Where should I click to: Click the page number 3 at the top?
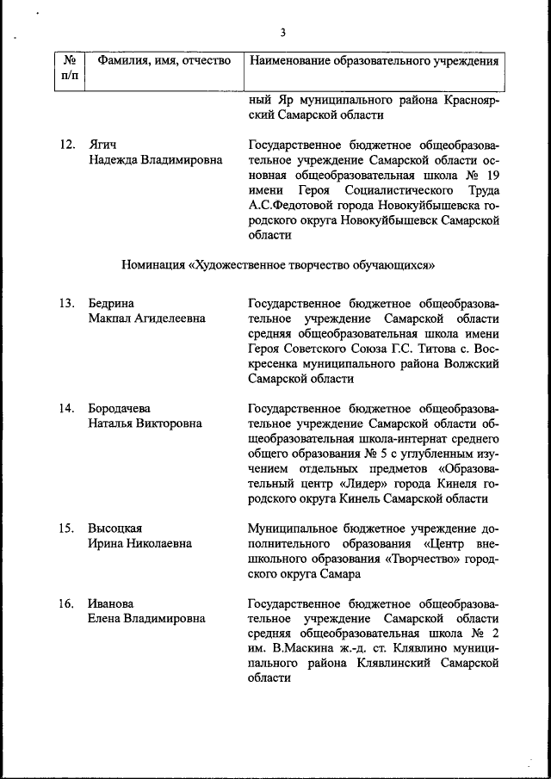click(282, 34)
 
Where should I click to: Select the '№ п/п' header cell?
click(71, 69)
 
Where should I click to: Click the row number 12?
click(68, 144)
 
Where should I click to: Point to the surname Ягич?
click(102, 144)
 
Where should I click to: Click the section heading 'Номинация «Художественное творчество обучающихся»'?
click(277, 263)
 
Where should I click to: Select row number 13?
click(68, 303)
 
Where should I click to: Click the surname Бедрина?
click(112, 303)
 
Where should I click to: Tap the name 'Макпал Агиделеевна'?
click(146, 318)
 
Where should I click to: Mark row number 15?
click(68, 529)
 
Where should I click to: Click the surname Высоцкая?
click(115, 529)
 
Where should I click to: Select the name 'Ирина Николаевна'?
click(139, 544)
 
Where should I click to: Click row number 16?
click(68, 603)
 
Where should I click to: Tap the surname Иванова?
click(111, 603)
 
